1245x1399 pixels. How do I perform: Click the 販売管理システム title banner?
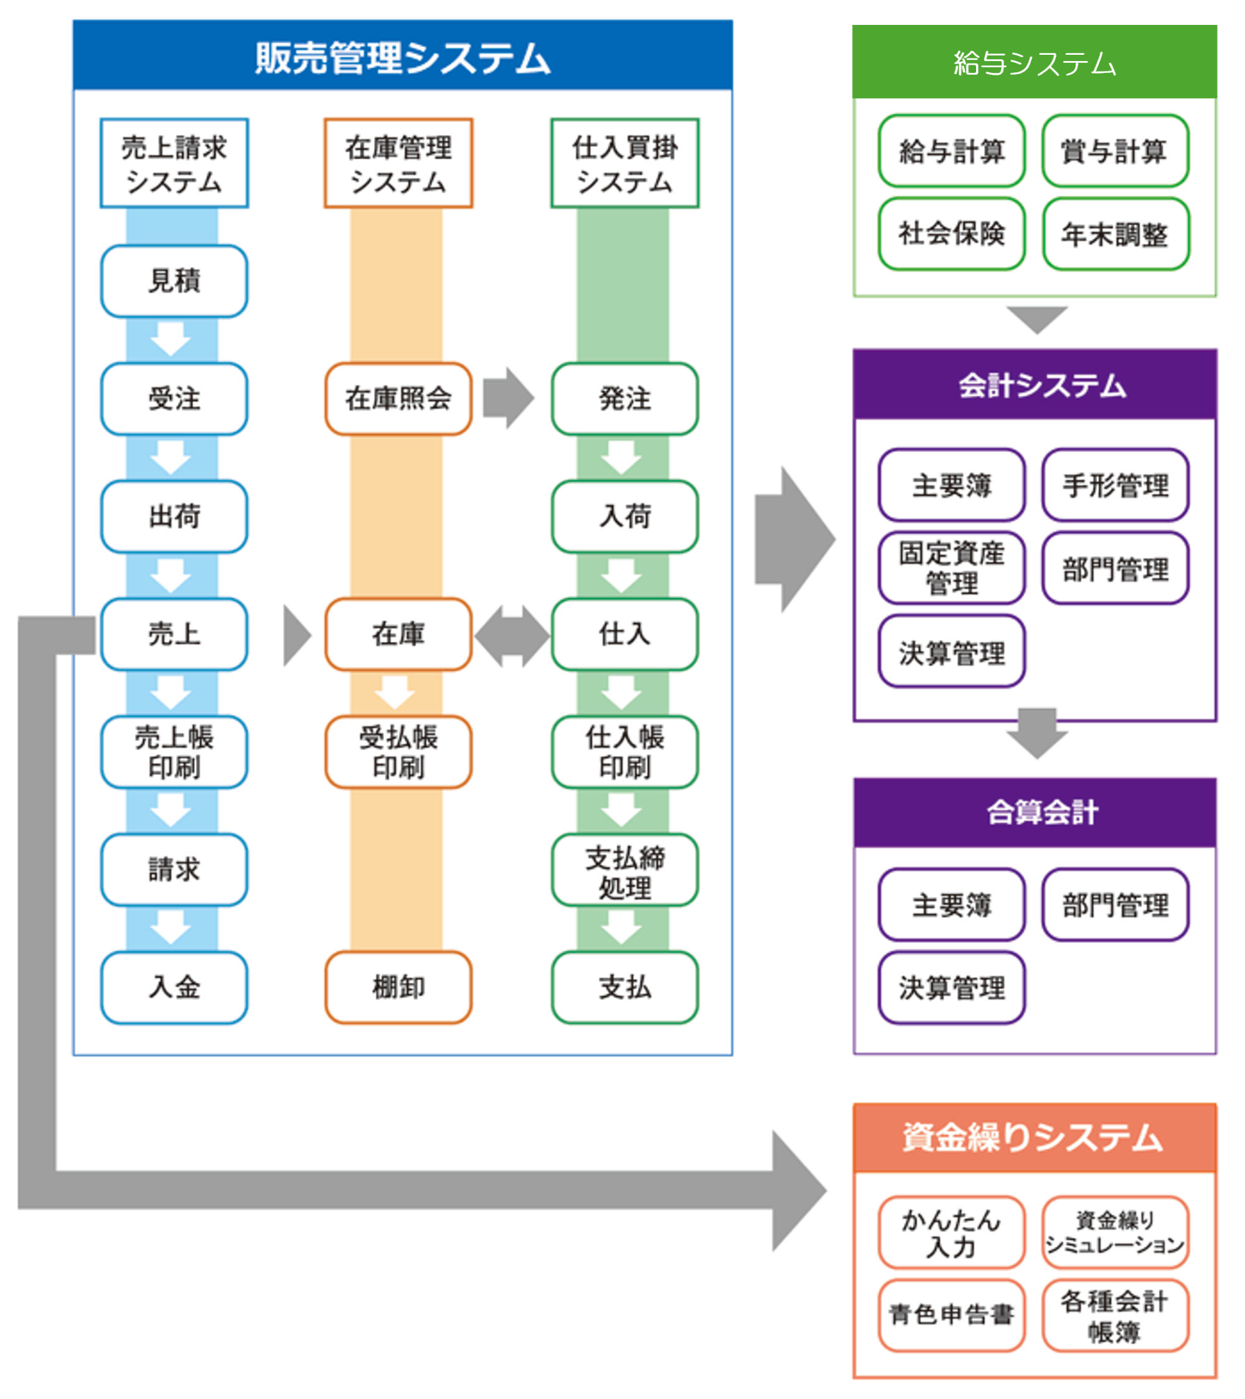point(402,56)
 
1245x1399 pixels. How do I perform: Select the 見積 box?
point(174,281)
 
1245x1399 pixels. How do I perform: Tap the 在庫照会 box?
point(398,399)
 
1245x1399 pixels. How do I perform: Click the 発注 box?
point(624,399)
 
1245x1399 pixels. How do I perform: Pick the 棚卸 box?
point(398,987)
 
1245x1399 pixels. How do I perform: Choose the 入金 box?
point(174,987)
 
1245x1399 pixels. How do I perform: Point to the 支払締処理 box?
point(624,871)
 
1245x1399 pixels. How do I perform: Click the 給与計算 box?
point(952,151)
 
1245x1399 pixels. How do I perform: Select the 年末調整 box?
point(1115,234)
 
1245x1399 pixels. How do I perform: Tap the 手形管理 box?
point(1115,485)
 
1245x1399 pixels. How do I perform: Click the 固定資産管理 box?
point(952,568)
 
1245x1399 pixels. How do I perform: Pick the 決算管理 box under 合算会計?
point(952,988)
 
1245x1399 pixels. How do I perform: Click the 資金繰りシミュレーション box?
point(1115,1232)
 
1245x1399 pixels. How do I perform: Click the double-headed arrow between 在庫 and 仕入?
point(512,635)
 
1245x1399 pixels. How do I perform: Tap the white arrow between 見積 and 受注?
point(171,339)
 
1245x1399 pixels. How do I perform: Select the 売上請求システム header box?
point(174,163)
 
